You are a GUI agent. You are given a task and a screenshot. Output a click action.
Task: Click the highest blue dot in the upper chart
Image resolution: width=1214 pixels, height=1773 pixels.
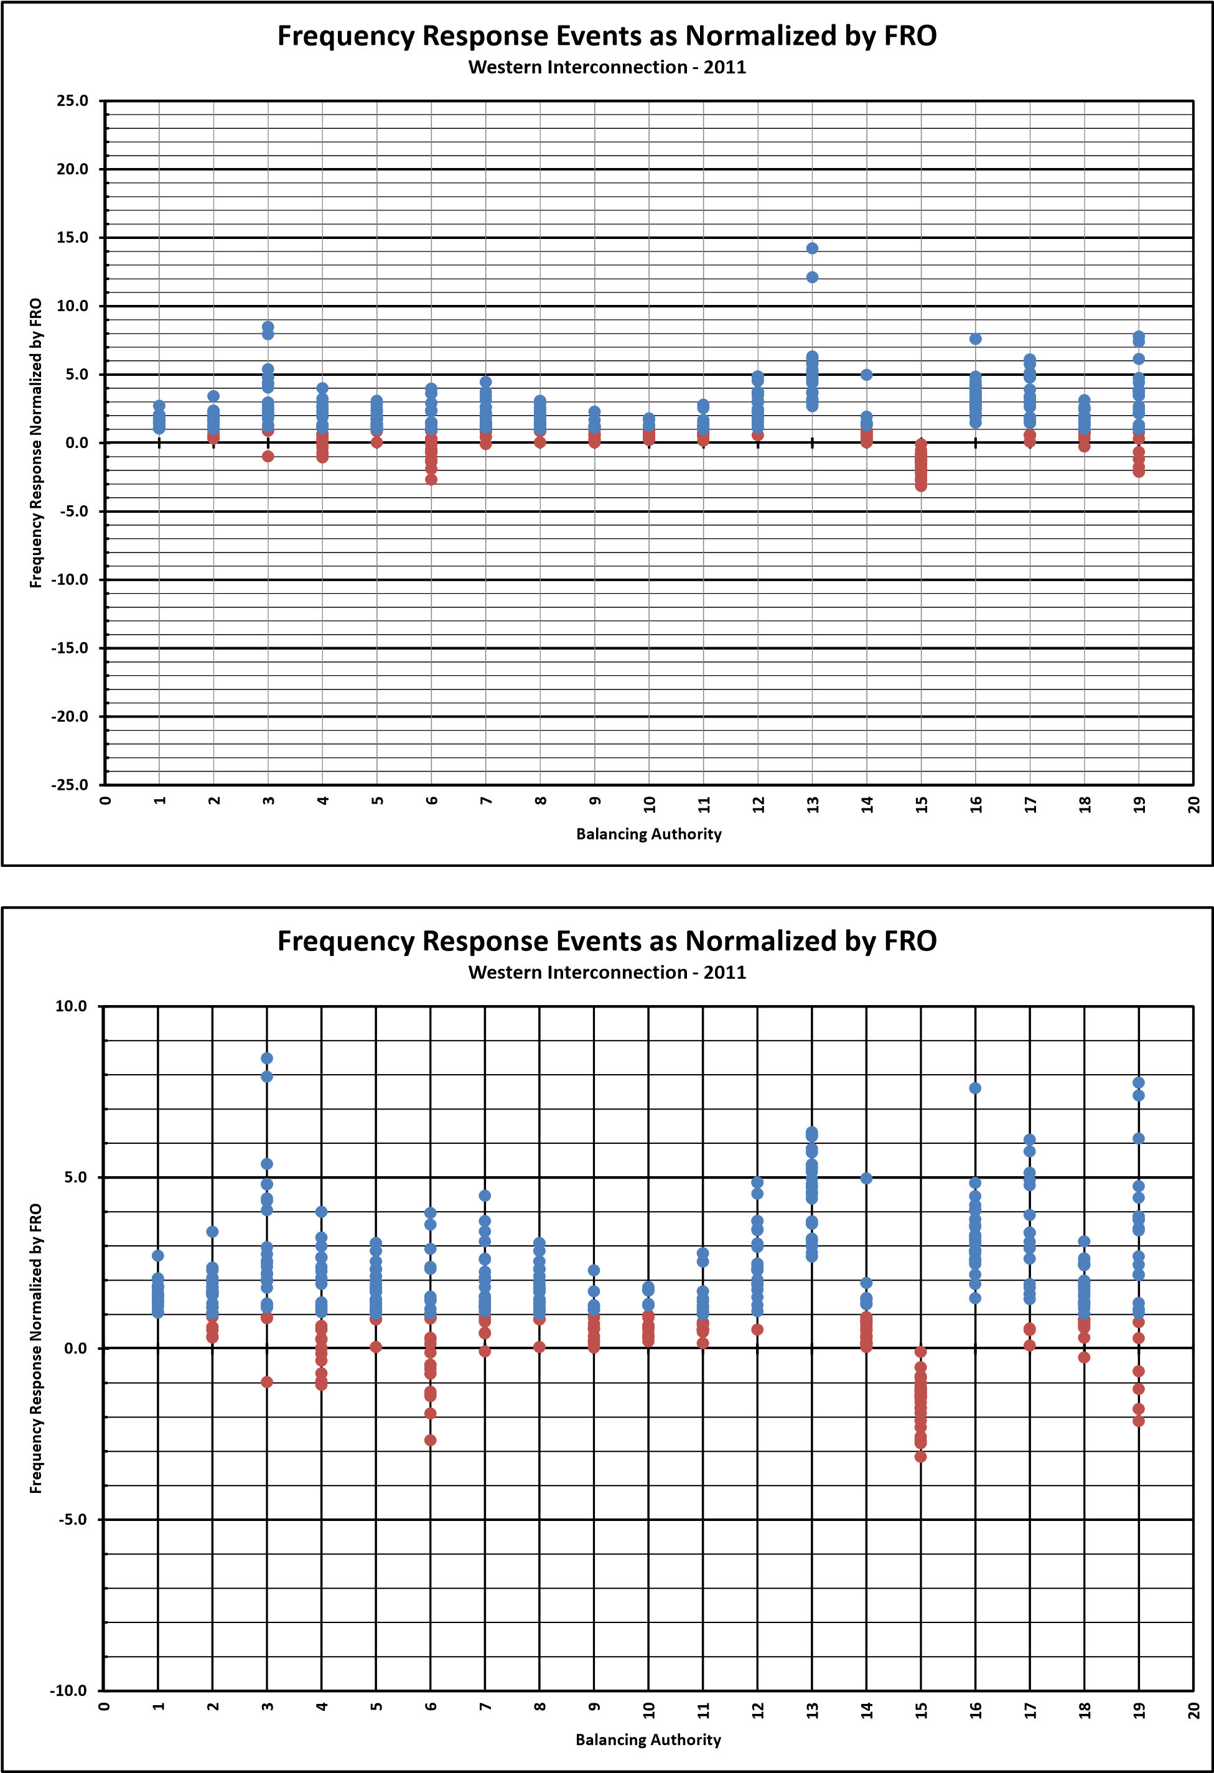coord(812,248)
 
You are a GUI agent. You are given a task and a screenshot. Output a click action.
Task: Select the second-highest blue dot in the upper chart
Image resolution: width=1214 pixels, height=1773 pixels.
coord(812,277)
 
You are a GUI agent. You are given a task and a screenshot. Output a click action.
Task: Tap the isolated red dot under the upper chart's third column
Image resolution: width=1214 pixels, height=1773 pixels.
coord(268,456)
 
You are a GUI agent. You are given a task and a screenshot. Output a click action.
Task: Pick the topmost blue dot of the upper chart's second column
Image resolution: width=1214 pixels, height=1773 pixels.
coord(213,396)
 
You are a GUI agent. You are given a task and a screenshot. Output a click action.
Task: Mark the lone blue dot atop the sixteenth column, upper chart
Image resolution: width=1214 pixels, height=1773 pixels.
coord(975,339)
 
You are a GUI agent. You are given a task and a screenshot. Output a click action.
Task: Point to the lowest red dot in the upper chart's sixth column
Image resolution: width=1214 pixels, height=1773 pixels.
coord(431,479)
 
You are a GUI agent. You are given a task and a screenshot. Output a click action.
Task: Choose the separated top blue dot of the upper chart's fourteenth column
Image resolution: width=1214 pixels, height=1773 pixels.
coord(867,375)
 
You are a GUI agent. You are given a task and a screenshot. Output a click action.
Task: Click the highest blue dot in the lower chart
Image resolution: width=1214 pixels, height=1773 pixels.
coord(267,1058)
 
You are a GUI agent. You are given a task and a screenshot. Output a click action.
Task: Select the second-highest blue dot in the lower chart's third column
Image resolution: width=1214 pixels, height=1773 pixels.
coord(267,1077)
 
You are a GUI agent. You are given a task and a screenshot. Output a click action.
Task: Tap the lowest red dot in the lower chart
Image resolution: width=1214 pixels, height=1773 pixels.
coord(920,1456)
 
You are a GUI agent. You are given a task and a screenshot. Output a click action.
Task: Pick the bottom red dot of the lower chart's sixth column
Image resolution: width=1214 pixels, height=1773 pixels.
coord(431,1439)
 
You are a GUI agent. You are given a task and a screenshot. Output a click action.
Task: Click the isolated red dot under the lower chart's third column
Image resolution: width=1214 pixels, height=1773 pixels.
coord(267,1382)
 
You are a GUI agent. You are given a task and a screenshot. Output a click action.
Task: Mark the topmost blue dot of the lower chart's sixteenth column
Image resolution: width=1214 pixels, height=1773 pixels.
coord(975,1088)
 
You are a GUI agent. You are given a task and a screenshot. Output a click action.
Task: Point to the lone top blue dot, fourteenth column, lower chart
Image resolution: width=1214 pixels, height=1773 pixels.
coord(866,1178)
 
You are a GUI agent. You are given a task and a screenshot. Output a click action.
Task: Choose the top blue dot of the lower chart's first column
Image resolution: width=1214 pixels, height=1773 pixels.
coord(158,1255)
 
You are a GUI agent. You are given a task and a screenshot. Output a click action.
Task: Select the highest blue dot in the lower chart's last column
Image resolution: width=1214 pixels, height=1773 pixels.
coord(1139,1082)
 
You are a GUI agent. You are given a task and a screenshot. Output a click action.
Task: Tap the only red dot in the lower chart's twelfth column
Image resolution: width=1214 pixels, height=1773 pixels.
coord(757,1329)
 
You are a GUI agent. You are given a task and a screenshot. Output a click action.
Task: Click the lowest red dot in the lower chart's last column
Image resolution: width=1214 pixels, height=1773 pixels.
coord(1139,1421)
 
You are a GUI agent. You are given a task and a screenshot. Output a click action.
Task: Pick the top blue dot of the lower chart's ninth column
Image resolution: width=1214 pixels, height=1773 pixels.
coord(594,1270)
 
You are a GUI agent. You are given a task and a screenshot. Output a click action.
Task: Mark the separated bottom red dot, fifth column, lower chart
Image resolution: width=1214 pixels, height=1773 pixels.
coord(375,1347)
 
